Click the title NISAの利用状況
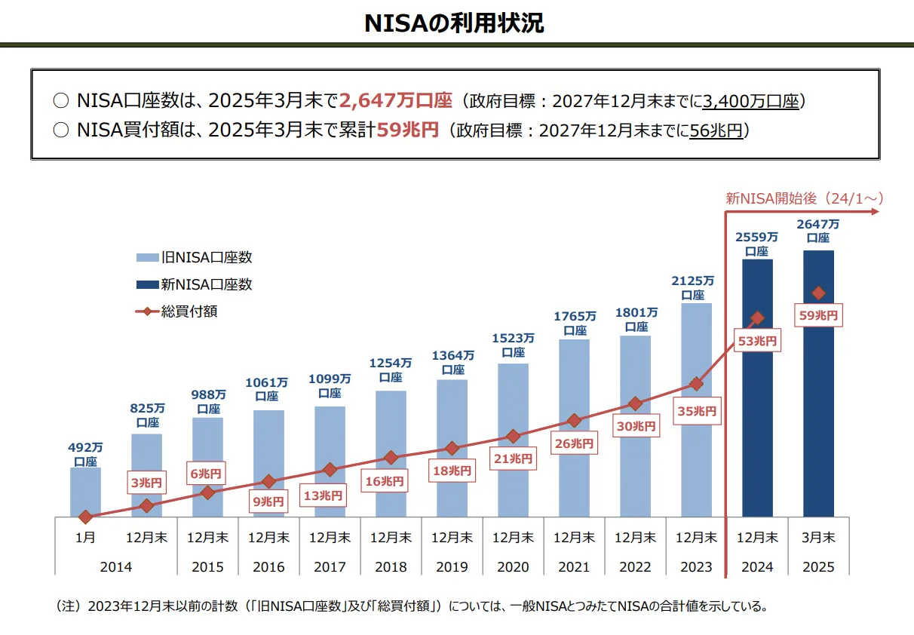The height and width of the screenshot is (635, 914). point(454,23)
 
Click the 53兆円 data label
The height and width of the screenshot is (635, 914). point(758,341)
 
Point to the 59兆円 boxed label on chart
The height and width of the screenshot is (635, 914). point(818,315)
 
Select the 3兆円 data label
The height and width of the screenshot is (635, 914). point(146,483)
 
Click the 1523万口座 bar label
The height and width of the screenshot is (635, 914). point(514,345)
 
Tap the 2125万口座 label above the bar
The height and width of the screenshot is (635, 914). point(696,287)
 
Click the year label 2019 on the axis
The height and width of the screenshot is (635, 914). point(452,566)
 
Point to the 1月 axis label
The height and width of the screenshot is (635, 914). point(85,538)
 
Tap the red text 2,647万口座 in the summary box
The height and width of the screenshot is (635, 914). point(395,100)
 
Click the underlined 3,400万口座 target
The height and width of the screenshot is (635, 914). point(750,101)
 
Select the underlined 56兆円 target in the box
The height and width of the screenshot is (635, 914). point(716,130)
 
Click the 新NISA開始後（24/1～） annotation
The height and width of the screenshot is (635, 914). point(804,198)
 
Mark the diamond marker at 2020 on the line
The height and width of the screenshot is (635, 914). point(514,436)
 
